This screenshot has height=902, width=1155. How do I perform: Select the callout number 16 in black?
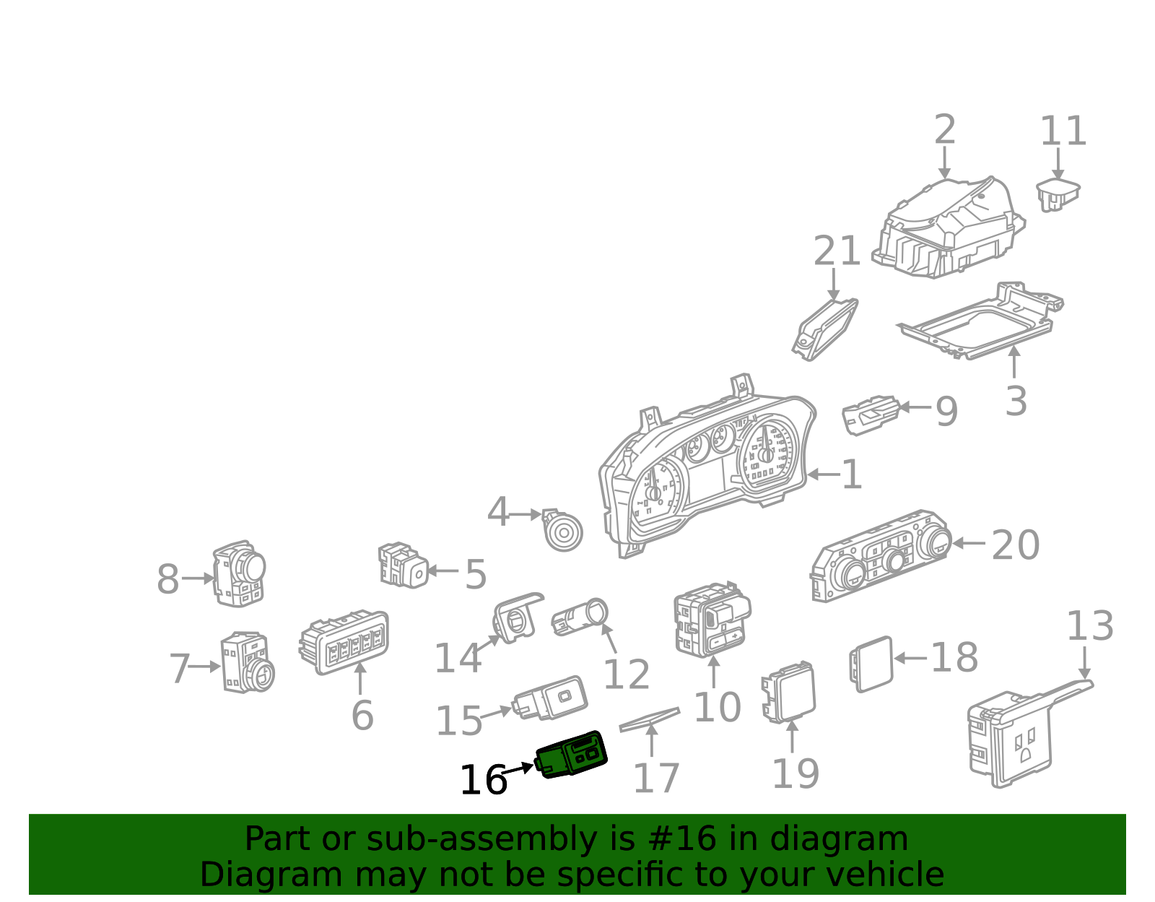(x=482, y=781)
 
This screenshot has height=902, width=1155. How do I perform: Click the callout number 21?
(x=837, y=251)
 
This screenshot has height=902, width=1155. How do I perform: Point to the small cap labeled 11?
(x=1058, y=194)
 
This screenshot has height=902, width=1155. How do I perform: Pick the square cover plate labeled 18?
(x=872, y=664)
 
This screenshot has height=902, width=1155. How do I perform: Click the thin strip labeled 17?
(x=649, y=719)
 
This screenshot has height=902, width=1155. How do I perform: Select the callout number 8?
(x=167, y=579)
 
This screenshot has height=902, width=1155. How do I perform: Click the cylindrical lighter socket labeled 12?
(x=580, y=618)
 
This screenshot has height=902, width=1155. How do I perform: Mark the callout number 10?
(x=716, y=707)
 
